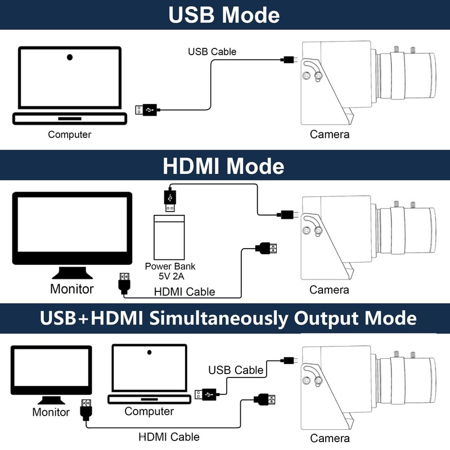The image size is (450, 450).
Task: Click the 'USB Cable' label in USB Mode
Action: pos(212,52)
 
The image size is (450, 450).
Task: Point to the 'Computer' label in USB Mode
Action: pos(69,134)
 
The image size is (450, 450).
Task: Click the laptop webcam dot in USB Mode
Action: pos(70,57)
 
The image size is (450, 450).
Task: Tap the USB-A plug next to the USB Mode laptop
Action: pos(148,110)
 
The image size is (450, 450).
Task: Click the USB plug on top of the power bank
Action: pos(170,200)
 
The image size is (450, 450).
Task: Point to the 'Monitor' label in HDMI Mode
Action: pos(71,289)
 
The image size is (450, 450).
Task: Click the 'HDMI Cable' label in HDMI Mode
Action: pos(185,291)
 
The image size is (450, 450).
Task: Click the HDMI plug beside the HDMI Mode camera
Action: pos(268,248)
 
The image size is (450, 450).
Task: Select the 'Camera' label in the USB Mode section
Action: pos(330,134)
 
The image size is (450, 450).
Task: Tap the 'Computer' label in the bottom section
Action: pos(149,411)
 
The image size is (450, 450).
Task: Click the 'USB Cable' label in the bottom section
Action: pos(236,370)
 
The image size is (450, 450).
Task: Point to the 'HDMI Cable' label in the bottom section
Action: pos(169,436)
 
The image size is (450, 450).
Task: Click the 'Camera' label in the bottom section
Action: pos(330,438)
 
